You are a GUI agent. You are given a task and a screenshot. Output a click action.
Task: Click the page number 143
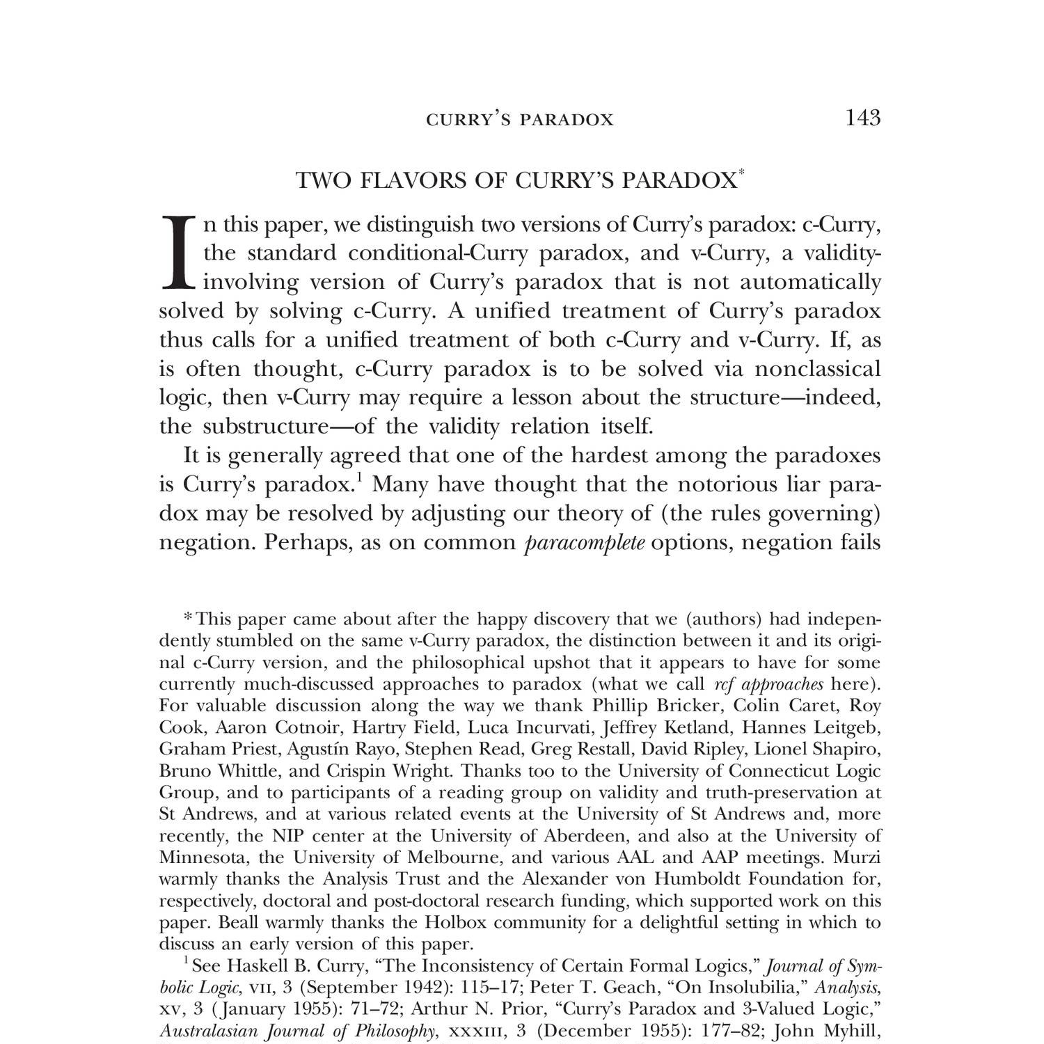coord(862,118)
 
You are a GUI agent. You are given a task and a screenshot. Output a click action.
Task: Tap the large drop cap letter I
coord(180,252)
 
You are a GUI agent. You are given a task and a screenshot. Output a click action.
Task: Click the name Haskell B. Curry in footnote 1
coord(285,966)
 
